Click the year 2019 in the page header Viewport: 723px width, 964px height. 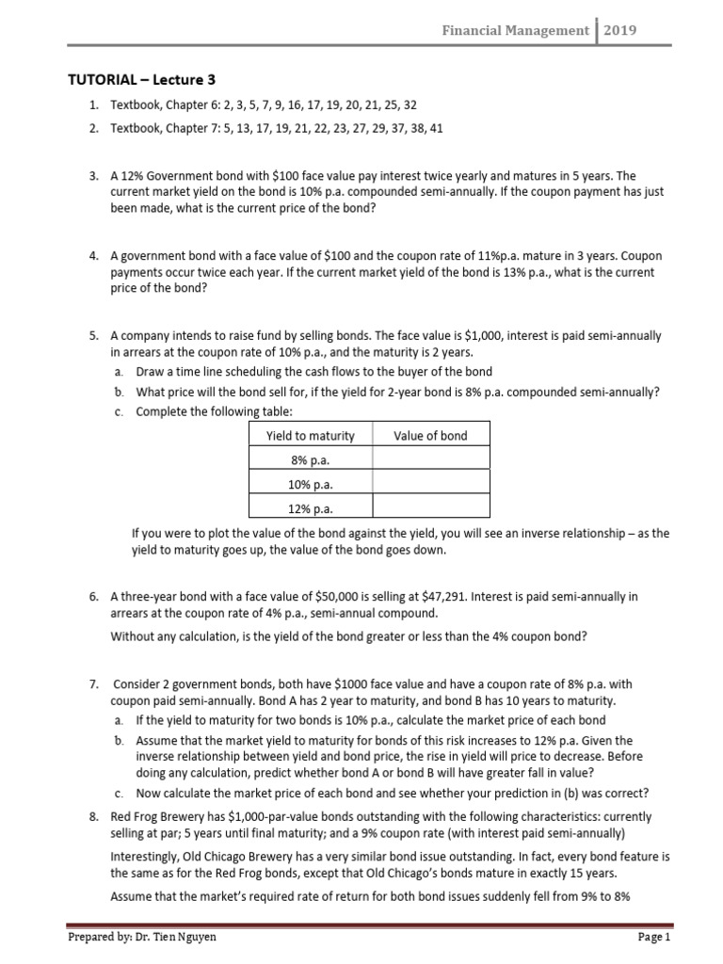pyautogui.click(x=620, y=30)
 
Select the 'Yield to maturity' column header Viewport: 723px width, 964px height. pyautogui.click(x=311, y=435)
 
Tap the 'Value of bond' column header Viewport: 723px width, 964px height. pyautogui.click(x=430, y=435)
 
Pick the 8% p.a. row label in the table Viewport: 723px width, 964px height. pyautogui.click(x=311, y=459)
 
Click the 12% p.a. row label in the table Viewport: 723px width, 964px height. pyautogui.click(x=311, y=508)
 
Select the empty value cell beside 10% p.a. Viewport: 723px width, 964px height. pyautogui.click(x=430, y=484)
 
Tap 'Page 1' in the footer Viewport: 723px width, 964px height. pyautogui.click(x=653, y=938)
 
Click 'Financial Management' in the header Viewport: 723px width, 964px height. pyautogui.click(x=516, y=30)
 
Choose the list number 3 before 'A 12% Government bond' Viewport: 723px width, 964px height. pyautogui.click(x=93, y=175)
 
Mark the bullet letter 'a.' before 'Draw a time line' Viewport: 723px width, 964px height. pyautogui.click(x=118, y=371)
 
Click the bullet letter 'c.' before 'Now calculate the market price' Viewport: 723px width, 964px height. pyautogui.click(x=118, y=793)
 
